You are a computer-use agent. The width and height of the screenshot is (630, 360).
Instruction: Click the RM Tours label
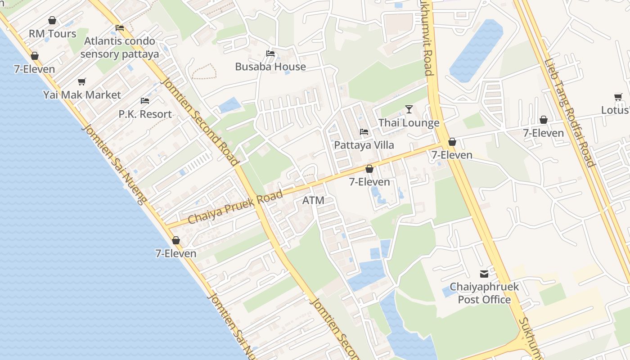pyautogui.click(x=53, y=34)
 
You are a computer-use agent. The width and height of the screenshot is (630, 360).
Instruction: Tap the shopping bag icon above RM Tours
pyautogui.click(x=52, y=20)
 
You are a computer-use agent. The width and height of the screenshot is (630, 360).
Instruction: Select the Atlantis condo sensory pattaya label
pyautogui.click(x=120, y=48)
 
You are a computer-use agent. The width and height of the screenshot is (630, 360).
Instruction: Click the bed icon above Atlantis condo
pyautogui.click(x=120, y=27)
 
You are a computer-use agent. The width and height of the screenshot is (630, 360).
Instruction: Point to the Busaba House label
pyautogui.click(x=270, y=67)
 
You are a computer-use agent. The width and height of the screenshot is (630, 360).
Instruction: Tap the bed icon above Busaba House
pyautogui.click(x=270, y=53)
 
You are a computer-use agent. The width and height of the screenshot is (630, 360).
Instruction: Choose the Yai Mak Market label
pyautogui.click(x=82, y=95)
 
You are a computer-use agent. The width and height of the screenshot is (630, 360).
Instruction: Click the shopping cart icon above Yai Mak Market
pyautogui.click(x=81, y=81)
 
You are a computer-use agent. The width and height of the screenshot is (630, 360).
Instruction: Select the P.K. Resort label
pyautogui.click(x=145, y=114)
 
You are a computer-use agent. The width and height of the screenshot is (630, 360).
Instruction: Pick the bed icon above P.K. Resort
pyautogui.click(x=145, y=100)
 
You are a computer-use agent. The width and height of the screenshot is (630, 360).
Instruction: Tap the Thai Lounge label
pyautogui.click(x=409, y=123)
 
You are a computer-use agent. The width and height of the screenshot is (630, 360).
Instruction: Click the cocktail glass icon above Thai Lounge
pyautogui.click(x=409, y=109)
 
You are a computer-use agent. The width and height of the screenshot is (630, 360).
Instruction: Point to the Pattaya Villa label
pyautogui.click(x=364, y=145)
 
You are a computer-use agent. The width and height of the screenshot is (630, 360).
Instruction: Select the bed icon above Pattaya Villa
pyautogui.click(x=364, y=131)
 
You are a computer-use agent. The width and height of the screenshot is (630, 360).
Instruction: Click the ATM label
pyautogui.click(x=313, y=200)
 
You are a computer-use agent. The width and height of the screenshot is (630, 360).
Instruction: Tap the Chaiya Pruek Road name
pyautogui.click(x=235, y=207)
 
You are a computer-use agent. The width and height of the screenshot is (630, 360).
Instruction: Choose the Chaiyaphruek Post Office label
pyautogui.click(x=484, y=293)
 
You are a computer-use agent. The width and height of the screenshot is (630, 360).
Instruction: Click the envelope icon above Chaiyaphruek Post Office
pyautogui.click(x=484, y=273)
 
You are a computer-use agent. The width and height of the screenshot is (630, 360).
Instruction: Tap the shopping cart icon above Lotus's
pyautogui.click(x=618, y=97)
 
